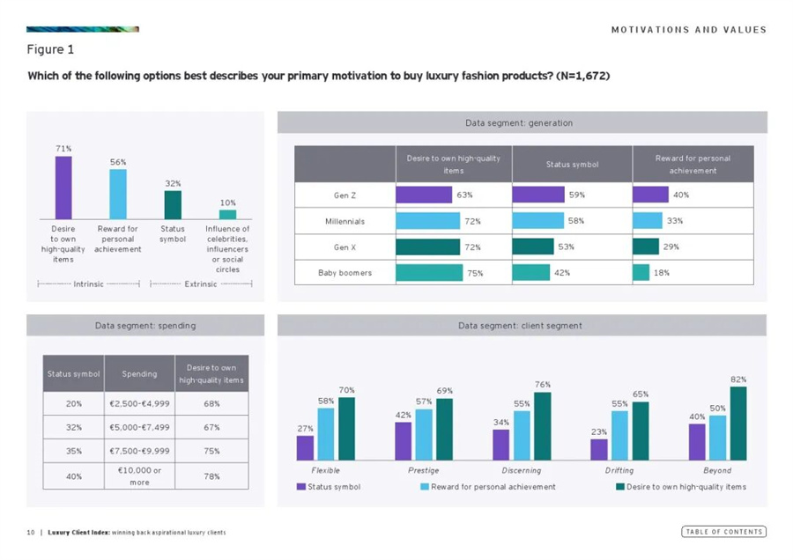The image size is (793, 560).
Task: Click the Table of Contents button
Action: (723, 531)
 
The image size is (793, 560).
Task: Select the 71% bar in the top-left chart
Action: (63, 188)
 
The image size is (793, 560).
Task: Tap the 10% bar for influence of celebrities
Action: (227, 214)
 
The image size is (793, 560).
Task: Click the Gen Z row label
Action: (345, 195)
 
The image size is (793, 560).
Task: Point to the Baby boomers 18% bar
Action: (641, 273)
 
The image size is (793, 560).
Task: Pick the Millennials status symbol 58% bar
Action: (538, 220)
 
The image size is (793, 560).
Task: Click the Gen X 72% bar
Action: (428, 247)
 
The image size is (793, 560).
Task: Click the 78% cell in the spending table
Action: (212, 476)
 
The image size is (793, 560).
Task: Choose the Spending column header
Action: (139, 373)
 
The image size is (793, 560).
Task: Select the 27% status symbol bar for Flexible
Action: (306, 448)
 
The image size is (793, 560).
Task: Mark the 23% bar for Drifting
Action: (599, 450)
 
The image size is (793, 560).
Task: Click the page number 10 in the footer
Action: (30, 532)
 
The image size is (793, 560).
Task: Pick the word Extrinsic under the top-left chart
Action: (202, 284)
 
